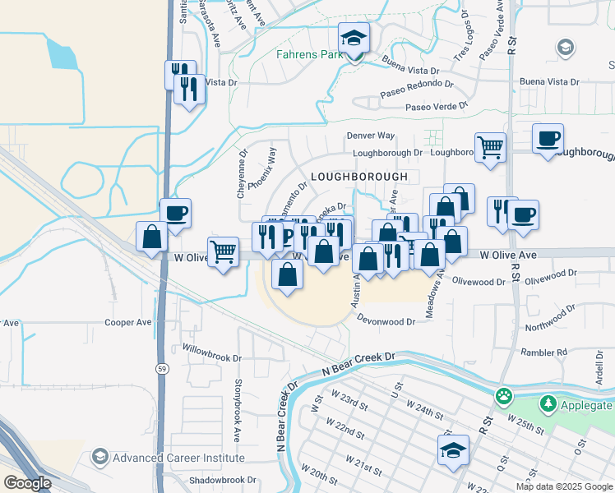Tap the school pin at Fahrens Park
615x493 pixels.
[354, 39]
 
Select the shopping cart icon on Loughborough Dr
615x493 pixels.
[490, 148]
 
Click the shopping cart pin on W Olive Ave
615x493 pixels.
[223, 251]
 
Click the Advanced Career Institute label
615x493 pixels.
[178, 458]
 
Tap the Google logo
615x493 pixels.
[27, 482]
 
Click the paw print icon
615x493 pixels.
[504, 398]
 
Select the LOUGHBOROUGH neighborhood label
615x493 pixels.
[358, 177]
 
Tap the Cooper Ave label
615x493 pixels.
[128, 324]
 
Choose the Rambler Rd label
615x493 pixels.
[544, 352]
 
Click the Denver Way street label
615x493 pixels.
[370, 135]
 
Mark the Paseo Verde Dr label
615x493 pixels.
[435, 107]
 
